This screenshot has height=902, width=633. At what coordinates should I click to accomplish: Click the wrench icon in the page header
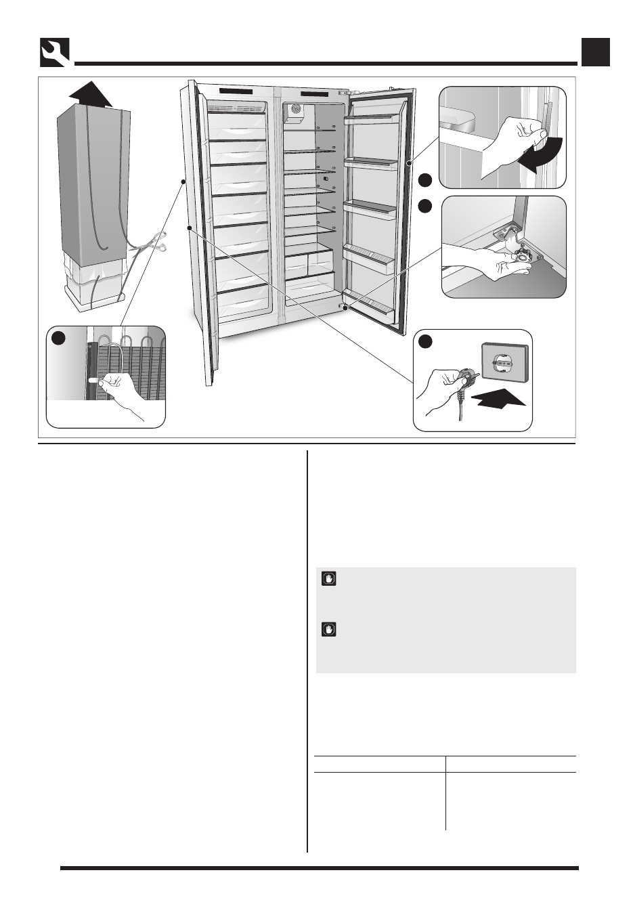(54, 52)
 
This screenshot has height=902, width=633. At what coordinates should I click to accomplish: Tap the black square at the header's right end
(596, 52)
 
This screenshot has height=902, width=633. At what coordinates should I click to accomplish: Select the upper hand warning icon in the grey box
(329, 579)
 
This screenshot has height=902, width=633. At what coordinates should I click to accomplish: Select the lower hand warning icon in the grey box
(329, 630)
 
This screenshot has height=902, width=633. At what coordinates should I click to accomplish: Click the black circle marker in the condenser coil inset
(60, 339)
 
